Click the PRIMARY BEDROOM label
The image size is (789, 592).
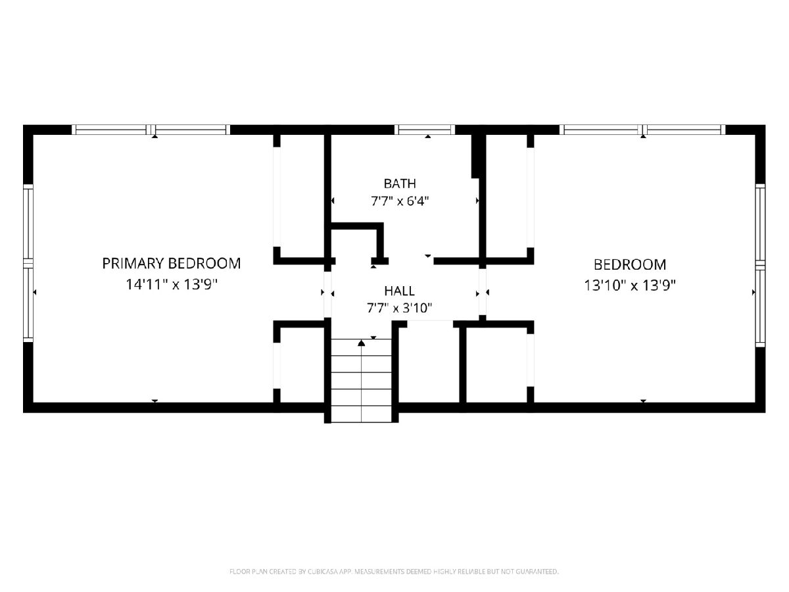tap(172, 264)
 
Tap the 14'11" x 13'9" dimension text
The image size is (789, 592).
tap(172, 285)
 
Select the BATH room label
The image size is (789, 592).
tap(400, 184)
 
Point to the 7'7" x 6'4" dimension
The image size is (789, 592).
tap(400, 201)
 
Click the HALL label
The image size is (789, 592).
tap(399, 291)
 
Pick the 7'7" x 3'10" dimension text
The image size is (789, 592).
tap(399, 308)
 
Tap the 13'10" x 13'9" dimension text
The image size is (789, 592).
tap(629, 285)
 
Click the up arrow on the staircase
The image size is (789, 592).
tap(361, 343)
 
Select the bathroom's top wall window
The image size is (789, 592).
tap(425, 130)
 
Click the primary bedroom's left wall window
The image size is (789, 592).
tap(28, 264)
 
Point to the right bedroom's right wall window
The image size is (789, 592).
tap(760, 265)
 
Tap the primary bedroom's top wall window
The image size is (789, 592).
tap(151, 130)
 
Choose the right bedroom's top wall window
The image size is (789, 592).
tap(642, 130)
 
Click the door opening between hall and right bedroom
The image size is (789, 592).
tap(483, 292)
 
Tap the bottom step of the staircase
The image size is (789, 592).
tap(361, 414)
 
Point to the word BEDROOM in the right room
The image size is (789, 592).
tap(630, 265)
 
